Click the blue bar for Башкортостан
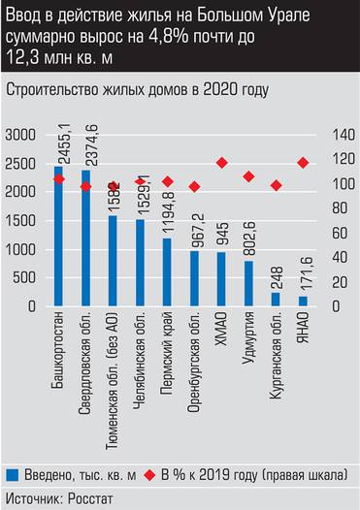click(58, 237)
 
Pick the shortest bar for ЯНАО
click(303, 302)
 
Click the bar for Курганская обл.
click(276, 300)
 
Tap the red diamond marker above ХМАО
click(222, 163)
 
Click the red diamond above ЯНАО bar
click(304, 163)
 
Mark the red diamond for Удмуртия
click(249, 176)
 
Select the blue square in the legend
click(13, 474)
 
